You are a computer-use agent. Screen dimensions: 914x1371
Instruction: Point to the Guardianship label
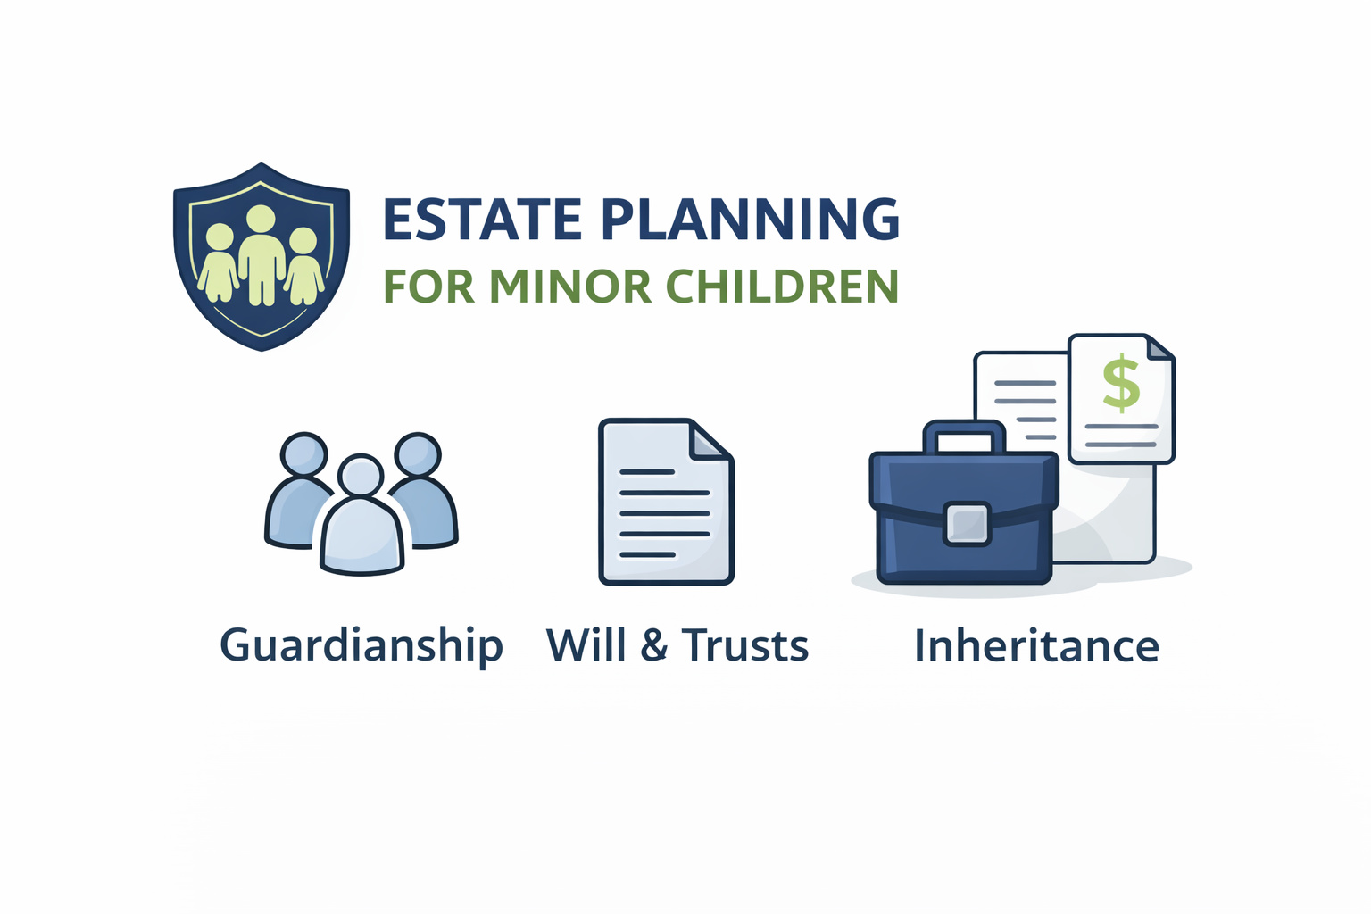pyautogui.click(x=361, y=645)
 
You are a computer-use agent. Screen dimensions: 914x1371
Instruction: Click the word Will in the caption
pyautogui.click(x=586, y=644)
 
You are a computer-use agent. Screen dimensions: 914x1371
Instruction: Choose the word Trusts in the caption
pyautogui.click(x=745, y=644)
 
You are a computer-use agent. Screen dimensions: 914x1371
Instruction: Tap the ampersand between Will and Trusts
pyautogui.click(x=654, y=645)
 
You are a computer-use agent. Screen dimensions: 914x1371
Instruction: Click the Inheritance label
pyautogui.click(x=1036, y=645)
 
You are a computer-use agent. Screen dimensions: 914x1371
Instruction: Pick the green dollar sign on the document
pyautogui.click(x=1121, y=383)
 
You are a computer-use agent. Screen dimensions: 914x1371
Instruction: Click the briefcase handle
pyautogui.click(x=964, y=434)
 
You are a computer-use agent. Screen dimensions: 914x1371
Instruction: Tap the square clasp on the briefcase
pyautogui.click(x=967, y=524)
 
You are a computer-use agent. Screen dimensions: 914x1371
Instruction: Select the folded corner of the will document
pyautogui.click(x=712, y=440)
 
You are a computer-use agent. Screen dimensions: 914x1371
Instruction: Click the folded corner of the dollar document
pyautogui.click(x=1159, y=349)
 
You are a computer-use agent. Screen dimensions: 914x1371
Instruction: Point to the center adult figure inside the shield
pyautogui.click(x=261, y=254)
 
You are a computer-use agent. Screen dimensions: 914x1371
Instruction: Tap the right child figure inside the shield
pyautogui.click(x=303, y=267)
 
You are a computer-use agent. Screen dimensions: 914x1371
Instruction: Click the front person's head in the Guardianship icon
pyautogui.click(x=361, y=475)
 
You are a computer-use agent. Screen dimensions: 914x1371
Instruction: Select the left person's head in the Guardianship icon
pyautogui.click(x=303, y=454)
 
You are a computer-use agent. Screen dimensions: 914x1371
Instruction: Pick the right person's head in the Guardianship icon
pyautogui.click(x=418, y=454)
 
